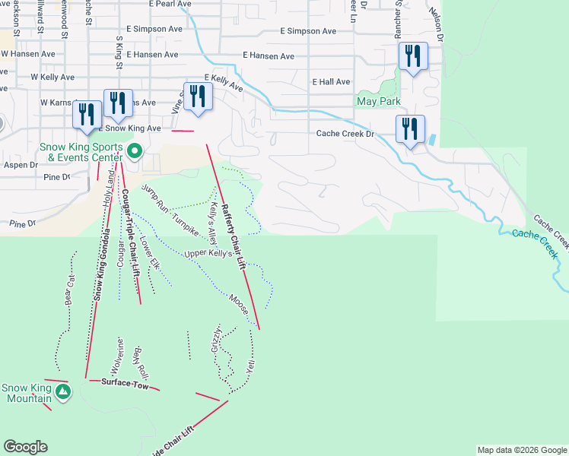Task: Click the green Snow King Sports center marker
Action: coord(134,151)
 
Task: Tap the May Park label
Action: coord(377,101)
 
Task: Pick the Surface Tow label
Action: coord(124,382)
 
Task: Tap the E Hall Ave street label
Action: coord(331,82)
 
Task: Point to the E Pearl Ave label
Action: coord(170,4)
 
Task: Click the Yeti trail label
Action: coord(250,365)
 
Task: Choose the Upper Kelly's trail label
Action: coord(208,254)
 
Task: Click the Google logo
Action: coord(25,447)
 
